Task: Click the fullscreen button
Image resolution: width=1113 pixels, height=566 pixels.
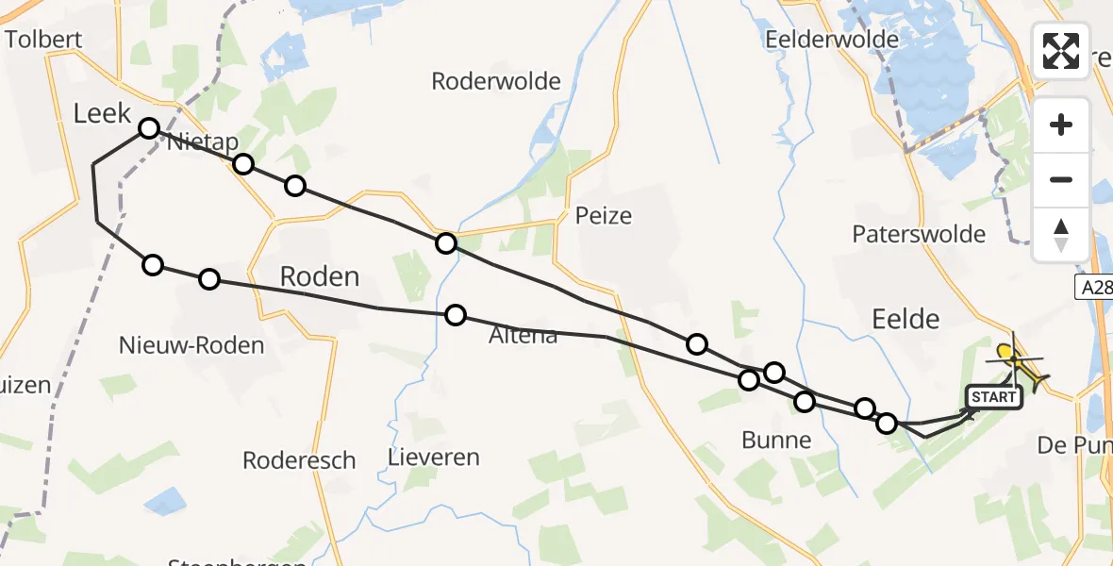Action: pos(1061,51)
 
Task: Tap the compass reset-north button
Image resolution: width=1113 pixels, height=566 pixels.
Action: pos(1061,235)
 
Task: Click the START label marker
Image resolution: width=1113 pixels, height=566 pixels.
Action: pos(993,397)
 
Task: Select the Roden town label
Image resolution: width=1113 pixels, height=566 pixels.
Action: pos(320,276)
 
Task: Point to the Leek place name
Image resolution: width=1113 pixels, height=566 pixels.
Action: pos(102,114)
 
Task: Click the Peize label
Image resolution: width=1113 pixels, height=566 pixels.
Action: pos(604,216)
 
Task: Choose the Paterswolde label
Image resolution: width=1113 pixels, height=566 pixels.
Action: pos(919,234)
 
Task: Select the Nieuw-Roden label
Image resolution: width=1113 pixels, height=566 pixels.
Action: pos(191,345)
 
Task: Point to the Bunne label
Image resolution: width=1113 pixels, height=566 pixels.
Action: pos(776,440)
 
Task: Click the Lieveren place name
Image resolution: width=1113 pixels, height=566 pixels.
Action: pos(434,458)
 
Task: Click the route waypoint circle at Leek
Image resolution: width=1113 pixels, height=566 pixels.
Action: pos(148,128)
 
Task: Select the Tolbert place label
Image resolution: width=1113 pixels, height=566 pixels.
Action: pos(44,40)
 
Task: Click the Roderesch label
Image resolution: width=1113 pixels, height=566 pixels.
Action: pos(299,460)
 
